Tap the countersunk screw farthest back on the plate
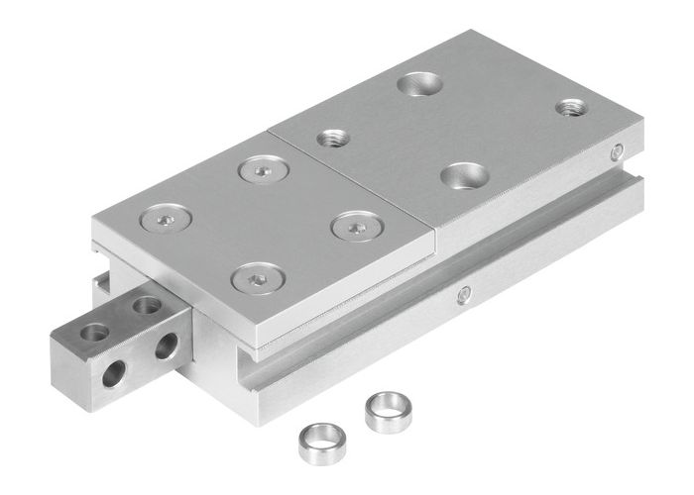[x=262, y=171]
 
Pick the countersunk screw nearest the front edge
[x=257, y=277]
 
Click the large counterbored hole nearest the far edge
[x=420, y=84]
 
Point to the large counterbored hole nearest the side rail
[x=464, y=177]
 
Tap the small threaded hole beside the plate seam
[x=332, y=139]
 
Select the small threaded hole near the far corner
[x=570, y=107]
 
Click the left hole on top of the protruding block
[x=95, y=333]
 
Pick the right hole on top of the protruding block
[x=147, y=306]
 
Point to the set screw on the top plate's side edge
[x=617, y=151]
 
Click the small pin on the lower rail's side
[x=464, y=294]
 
